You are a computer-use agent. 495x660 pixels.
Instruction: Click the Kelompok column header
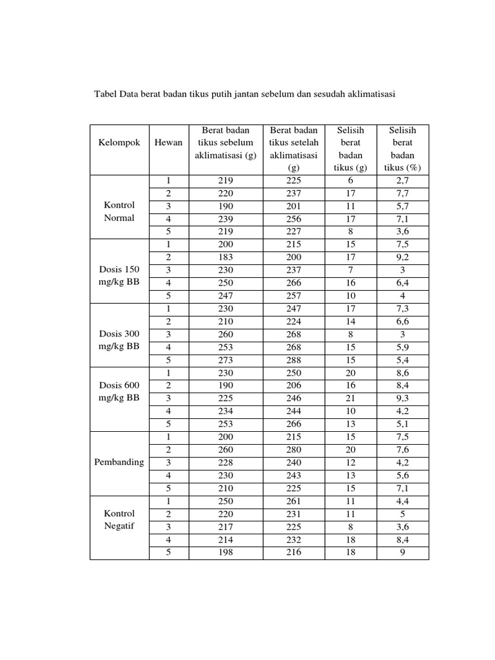pyautogui.click(x=119, y=142)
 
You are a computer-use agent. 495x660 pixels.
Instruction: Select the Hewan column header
pyautogui.click(x=168, y=142)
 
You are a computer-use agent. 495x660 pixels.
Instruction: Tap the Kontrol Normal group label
pyautogui.click(x=119, y=211)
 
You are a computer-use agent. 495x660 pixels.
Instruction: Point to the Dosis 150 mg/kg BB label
pyautogui.click(x=119, y=275)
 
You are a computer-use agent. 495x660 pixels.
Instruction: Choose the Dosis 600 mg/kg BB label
pyautogui.click(x=119, y=391)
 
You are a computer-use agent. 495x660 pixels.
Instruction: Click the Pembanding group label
pyautogui.click(x=119, y=463)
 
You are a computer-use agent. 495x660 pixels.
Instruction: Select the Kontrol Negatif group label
pyautogui.click(x=119, y=520)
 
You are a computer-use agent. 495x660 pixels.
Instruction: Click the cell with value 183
pyautogui.click(x=226, y=257)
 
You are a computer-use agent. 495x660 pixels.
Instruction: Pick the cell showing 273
pyautogui.click(x=226, y=359)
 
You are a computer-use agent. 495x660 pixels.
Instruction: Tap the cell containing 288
pyautogui.click(x=294, y=359)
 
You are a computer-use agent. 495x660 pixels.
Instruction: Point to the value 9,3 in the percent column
pyautogui.click(x=403, y=398)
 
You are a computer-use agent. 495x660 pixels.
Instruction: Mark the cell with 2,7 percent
pyautogui.click(x=403, y=181)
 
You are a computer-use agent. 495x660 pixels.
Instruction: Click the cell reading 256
pyautogui.click(x=294, y=218)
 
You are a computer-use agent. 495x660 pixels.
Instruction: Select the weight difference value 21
pyautogui.click(x=351, y=398)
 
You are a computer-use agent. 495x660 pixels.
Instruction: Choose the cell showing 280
pyautogui.click(x=294, y=450)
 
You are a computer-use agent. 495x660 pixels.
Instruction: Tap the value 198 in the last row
pyautogui.click(x=226, y=552)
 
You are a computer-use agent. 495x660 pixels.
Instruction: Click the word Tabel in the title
pyautogui.click(x=107, y=94)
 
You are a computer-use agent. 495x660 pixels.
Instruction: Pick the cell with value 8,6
pyautogui.click(x=403, y=373)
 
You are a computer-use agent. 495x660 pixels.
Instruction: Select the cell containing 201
pyautogui.click(x=294, y=206)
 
